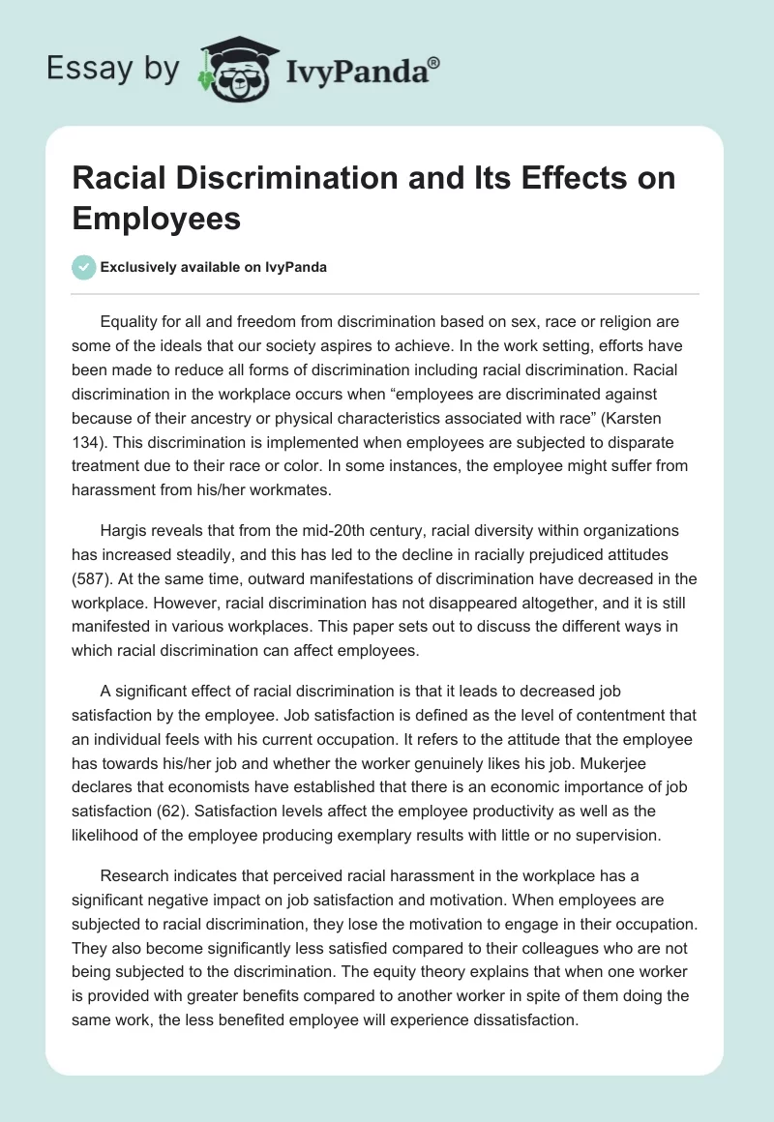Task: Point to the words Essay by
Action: click(x=112, y=69)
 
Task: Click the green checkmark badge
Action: click(x=83, y=267)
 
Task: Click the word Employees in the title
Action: click(x=156, y=218)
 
